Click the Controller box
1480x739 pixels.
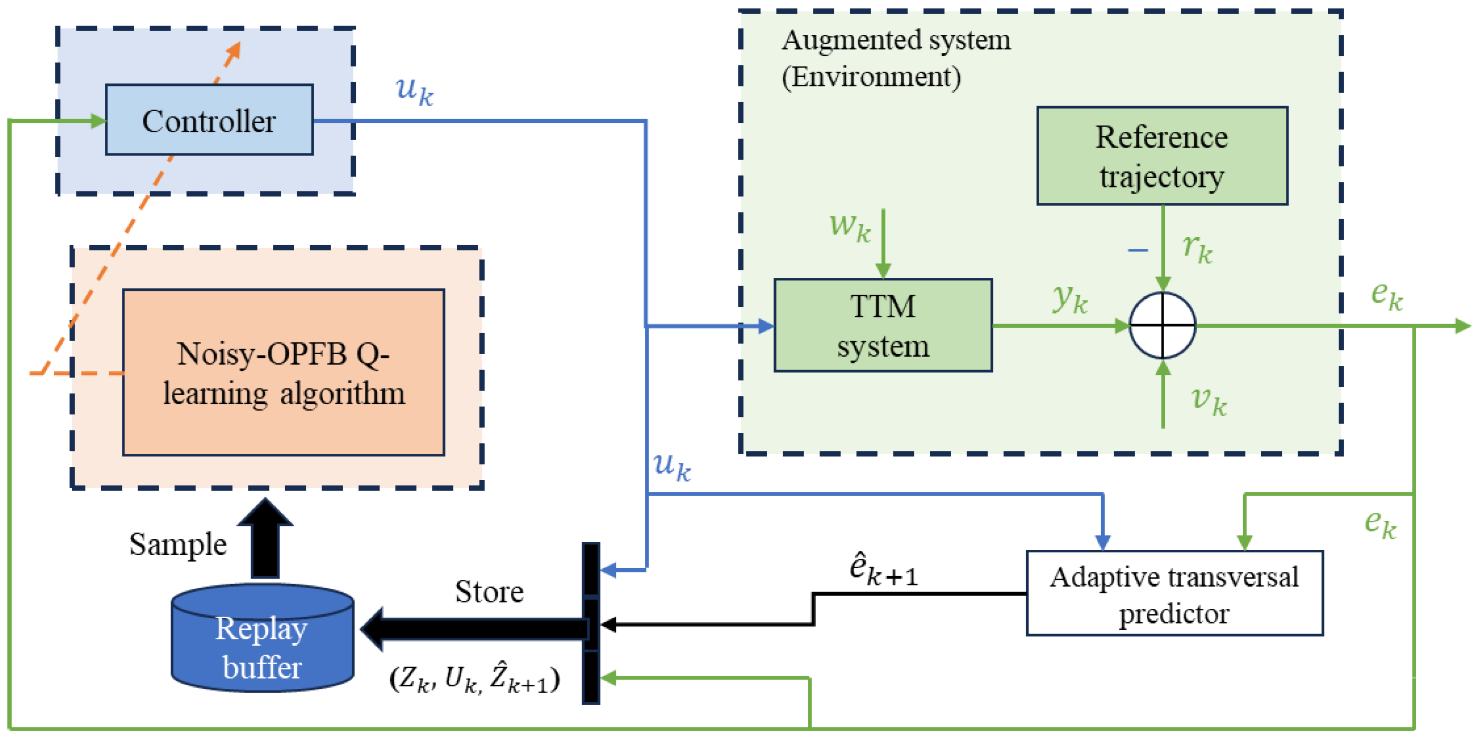point(209,120)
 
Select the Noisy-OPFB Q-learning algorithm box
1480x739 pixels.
point(283,373)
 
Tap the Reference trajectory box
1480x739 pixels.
point(1162,155)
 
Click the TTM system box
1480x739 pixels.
point(883,326)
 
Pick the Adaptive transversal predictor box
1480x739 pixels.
point(1174,593)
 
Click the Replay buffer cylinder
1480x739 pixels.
point(263,640)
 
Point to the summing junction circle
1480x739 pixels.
point(1162,326)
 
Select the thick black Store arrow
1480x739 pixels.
point(471,629)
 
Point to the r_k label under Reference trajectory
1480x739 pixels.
point(1197,248)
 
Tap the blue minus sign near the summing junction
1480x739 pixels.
point(1138,250)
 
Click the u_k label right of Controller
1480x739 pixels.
point(414,91)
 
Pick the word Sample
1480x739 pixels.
point(178,544)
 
